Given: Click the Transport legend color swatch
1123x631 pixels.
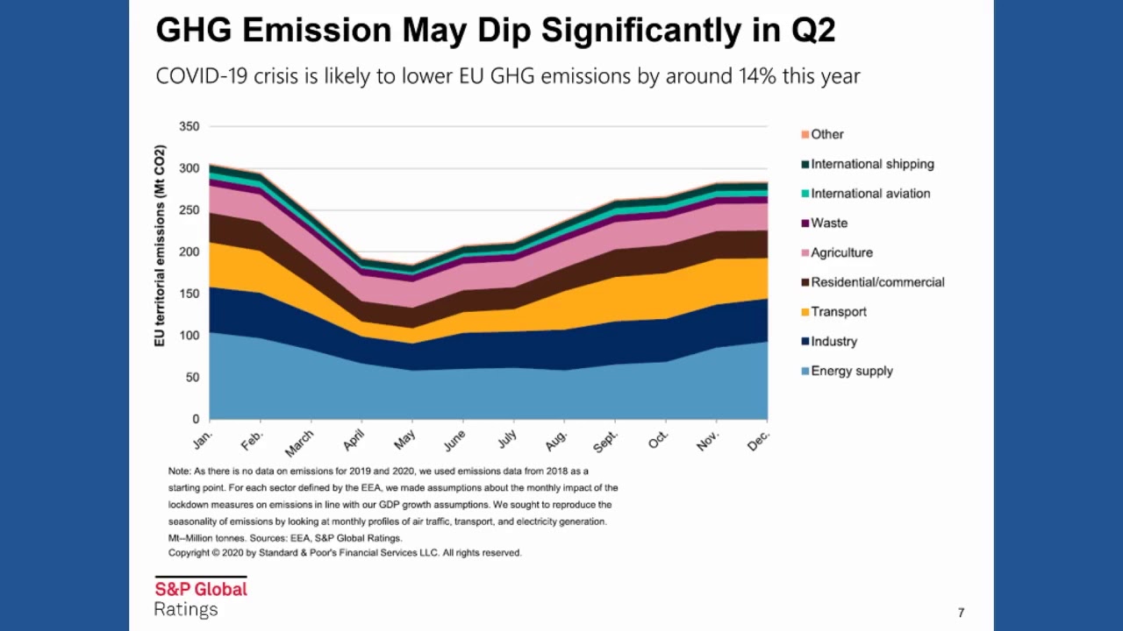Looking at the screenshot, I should point(805,312).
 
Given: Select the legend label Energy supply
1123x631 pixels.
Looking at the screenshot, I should point(852,371).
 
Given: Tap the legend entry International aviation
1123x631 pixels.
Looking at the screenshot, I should point(870,194).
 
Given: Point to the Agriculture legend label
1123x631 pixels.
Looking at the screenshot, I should point(841,252).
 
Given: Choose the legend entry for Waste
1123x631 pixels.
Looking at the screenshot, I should point(829,223).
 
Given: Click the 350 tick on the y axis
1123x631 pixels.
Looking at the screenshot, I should point(189,126).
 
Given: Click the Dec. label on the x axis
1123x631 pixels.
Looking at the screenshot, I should point(758,439).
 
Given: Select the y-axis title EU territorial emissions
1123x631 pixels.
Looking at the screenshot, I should point(161,246).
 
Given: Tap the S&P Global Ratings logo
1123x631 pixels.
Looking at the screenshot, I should point(201,598).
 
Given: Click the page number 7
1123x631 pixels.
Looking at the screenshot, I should point(962,613).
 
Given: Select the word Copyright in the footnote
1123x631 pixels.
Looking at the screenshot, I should point(188,553).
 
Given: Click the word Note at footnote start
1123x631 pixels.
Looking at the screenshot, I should point(179,471).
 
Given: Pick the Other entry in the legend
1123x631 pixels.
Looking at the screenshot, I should point(826,134).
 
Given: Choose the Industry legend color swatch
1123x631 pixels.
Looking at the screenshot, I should point(805,342).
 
